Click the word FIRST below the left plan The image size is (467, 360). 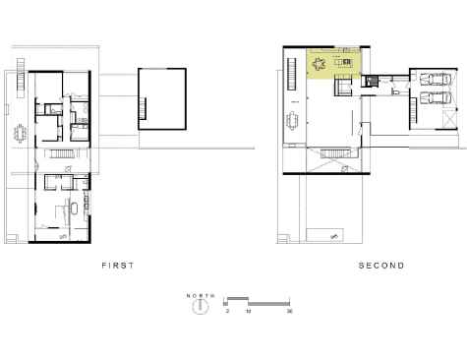pos(116,266)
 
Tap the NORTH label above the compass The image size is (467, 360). pos(200,294)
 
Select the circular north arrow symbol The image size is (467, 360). pos(200,305)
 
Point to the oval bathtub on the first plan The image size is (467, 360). pos(73,210)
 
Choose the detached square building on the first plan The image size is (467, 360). pos(161,98)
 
